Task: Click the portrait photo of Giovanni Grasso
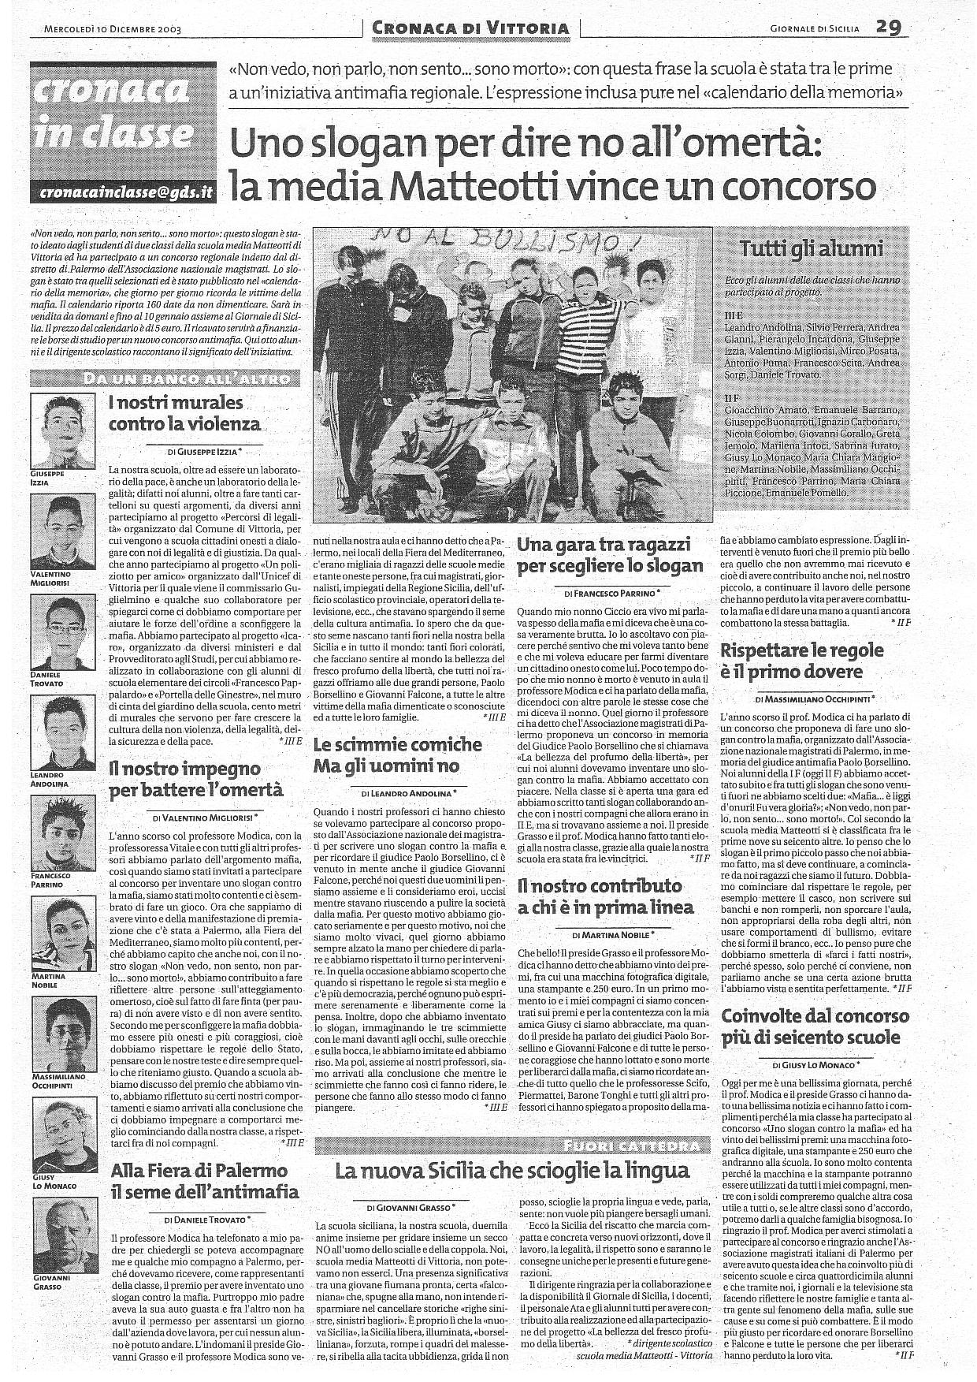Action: tap(58, 1248)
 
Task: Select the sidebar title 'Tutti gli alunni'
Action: tap(811, 249)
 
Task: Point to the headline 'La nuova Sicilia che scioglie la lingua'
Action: tap(512, 1171)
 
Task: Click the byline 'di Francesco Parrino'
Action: tap(611, 591)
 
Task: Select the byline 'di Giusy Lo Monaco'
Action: tap(815, 1064)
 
